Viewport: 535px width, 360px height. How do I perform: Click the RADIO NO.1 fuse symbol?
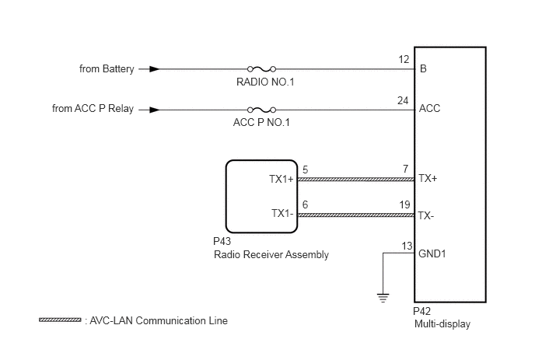261,69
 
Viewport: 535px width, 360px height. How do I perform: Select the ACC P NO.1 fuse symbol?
261,110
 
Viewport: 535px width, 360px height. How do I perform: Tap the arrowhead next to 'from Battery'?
155,69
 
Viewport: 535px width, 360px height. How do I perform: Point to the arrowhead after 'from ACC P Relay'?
155,110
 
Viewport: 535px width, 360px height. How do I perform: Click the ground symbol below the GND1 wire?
383,298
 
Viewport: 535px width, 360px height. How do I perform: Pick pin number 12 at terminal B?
404,60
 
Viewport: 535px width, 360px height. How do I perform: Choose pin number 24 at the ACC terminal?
403,100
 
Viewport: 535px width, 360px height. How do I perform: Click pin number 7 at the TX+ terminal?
405,169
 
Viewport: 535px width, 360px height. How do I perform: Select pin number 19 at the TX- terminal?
404,204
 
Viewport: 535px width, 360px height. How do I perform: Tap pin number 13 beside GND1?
407,246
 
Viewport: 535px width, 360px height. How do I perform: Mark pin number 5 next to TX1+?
305,170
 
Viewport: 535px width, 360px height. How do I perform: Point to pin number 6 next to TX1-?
305,204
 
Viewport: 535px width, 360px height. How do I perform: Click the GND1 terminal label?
432,254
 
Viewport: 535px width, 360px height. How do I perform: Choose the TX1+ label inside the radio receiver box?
281,179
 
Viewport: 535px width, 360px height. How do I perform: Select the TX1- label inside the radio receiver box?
282,213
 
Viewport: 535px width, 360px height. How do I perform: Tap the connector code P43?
222,242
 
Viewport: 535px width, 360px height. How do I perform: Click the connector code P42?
421,311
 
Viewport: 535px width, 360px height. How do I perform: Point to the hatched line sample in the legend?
60,320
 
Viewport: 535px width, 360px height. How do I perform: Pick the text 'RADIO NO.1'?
265,82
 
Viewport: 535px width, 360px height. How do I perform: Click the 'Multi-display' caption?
442,323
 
